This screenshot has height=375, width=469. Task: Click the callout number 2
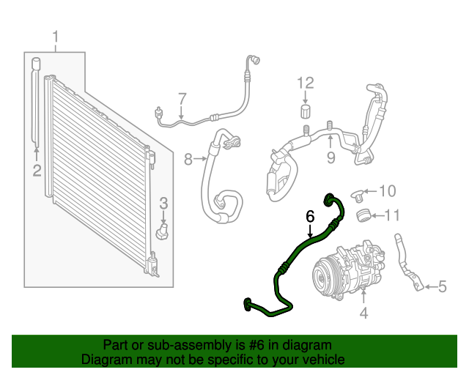click(36, 171)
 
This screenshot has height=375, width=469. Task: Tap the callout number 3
click(164, 203)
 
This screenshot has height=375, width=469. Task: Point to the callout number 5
click(442, 286)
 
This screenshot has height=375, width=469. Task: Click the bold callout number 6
click(310, 217)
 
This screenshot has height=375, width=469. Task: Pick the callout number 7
click(182, 98)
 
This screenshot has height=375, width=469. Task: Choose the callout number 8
click(188, 158)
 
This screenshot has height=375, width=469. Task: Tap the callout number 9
click(330, 157)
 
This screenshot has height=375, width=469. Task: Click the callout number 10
click(387, 192)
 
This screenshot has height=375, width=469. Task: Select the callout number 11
click(393, 215)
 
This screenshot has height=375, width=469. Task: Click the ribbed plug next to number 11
click(361, 215)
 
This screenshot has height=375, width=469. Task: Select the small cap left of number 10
click(357, 194)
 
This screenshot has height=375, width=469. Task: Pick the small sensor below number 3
click(163, 231)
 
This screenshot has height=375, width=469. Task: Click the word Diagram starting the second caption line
click(105, 360)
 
